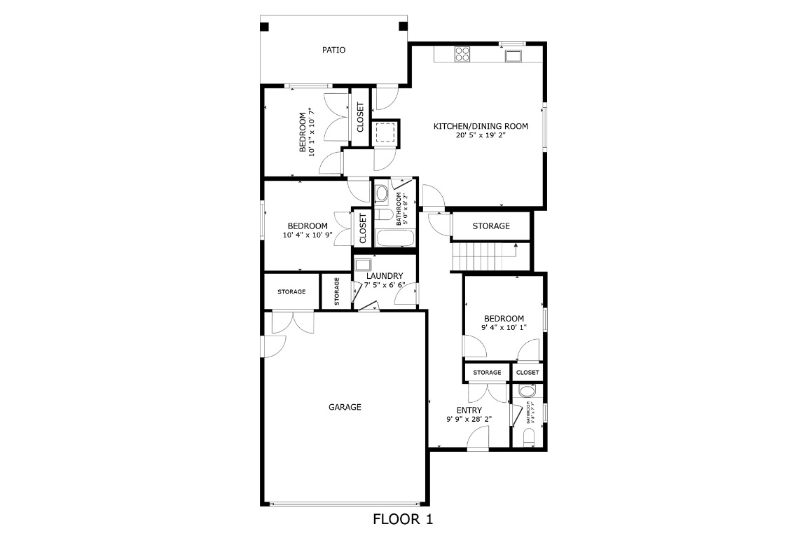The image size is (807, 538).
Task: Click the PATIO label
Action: click(x=333, y=50)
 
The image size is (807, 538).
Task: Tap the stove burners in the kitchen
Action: click(x=462, y=54)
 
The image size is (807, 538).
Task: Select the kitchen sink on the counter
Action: click(x=513, y=56)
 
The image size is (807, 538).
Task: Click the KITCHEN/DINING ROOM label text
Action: click(x=481, y=126)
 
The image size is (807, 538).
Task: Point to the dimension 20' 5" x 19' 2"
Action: click(x=481, y=135)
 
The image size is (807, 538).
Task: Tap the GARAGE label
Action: click(x=345, y=407)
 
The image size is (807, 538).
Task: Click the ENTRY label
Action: click(x=469, y=411)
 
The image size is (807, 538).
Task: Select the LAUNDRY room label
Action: click(x=385, y=276)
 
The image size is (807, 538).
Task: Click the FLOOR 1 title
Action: click(x=403, y=519)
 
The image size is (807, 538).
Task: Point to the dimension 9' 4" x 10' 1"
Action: click(x=503, y=327)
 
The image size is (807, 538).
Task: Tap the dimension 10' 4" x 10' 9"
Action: click(x=308, y=235)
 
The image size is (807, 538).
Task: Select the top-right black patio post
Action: click(x=403, y=27)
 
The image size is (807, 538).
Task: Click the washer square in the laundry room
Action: click(x=362, y=265)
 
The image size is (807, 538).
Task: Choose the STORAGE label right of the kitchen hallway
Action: click(x=490, y=226)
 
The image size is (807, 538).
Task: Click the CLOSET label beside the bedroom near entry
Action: click(x=527, y=373)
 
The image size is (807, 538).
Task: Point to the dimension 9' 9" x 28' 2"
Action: click(x=469, y=420)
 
